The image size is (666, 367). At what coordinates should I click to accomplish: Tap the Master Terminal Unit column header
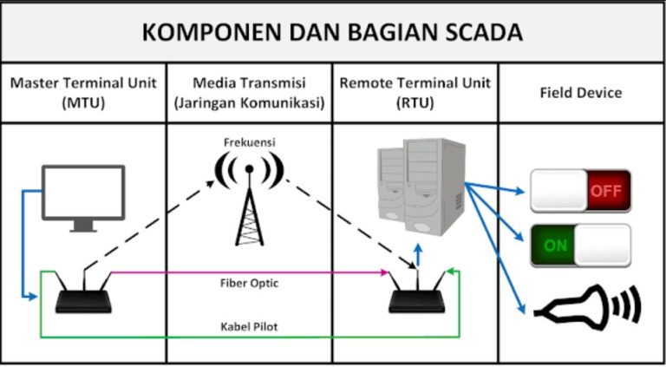[83, 92]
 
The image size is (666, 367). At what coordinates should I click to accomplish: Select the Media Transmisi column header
[249, 92]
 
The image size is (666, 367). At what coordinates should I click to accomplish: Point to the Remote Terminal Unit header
[415, 92]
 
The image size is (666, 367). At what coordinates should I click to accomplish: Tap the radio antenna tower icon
[249, 195]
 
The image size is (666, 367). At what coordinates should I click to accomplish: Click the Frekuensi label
[249, 141]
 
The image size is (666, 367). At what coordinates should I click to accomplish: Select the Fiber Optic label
[249, 284]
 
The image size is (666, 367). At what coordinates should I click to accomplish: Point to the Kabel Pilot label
[249, 327]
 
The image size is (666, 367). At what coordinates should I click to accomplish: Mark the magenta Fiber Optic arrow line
[249, 272]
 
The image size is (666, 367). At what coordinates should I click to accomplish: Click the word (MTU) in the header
[83, 102]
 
